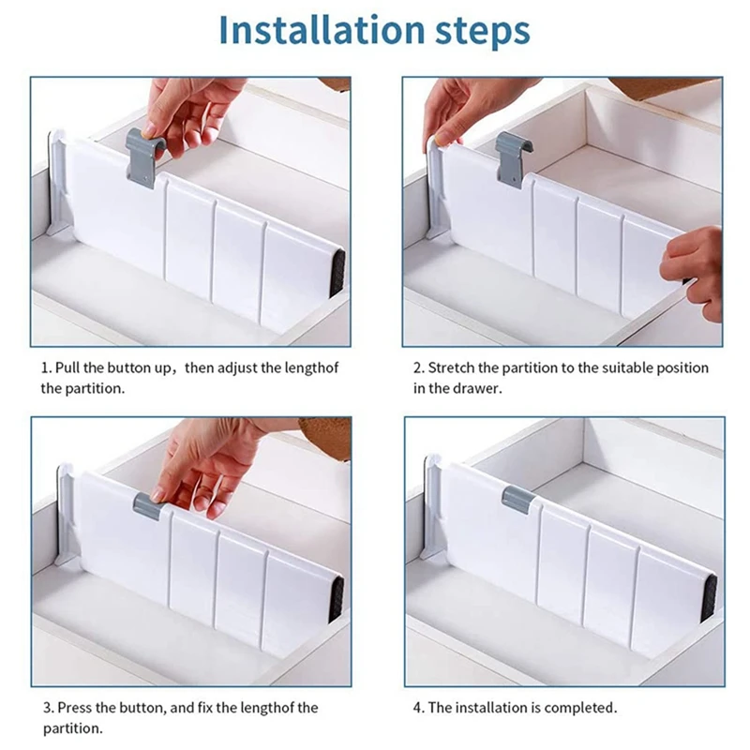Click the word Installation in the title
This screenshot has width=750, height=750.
(322, 30)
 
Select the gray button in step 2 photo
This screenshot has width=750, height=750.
(512, 160)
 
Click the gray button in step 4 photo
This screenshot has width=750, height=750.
(517, 499)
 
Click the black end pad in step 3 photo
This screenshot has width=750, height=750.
(337, 600)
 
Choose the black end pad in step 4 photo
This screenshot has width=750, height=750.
(709, 597)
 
